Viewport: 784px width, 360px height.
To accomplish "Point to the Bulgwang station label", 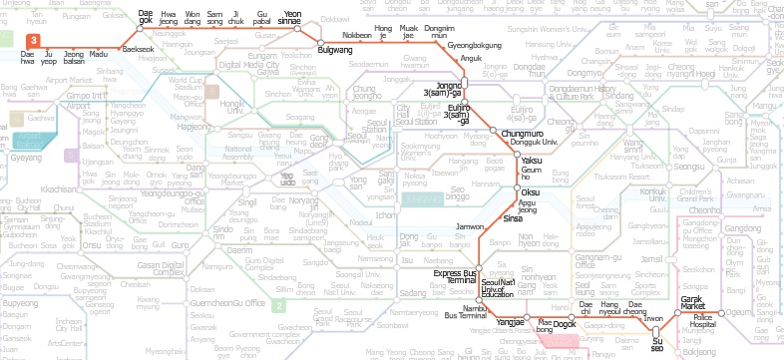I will tap(334, 49).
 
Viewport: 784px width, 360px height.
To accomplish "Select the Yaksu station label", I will tap(532, 161).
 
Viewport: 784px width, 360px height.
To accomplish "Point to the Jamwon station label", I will tap(470, 227).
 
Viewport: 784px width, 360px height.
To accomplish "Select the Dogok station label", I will tap(565, 324).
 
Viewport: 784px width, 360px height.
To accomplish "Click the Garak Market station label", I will tap(664, 304).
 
